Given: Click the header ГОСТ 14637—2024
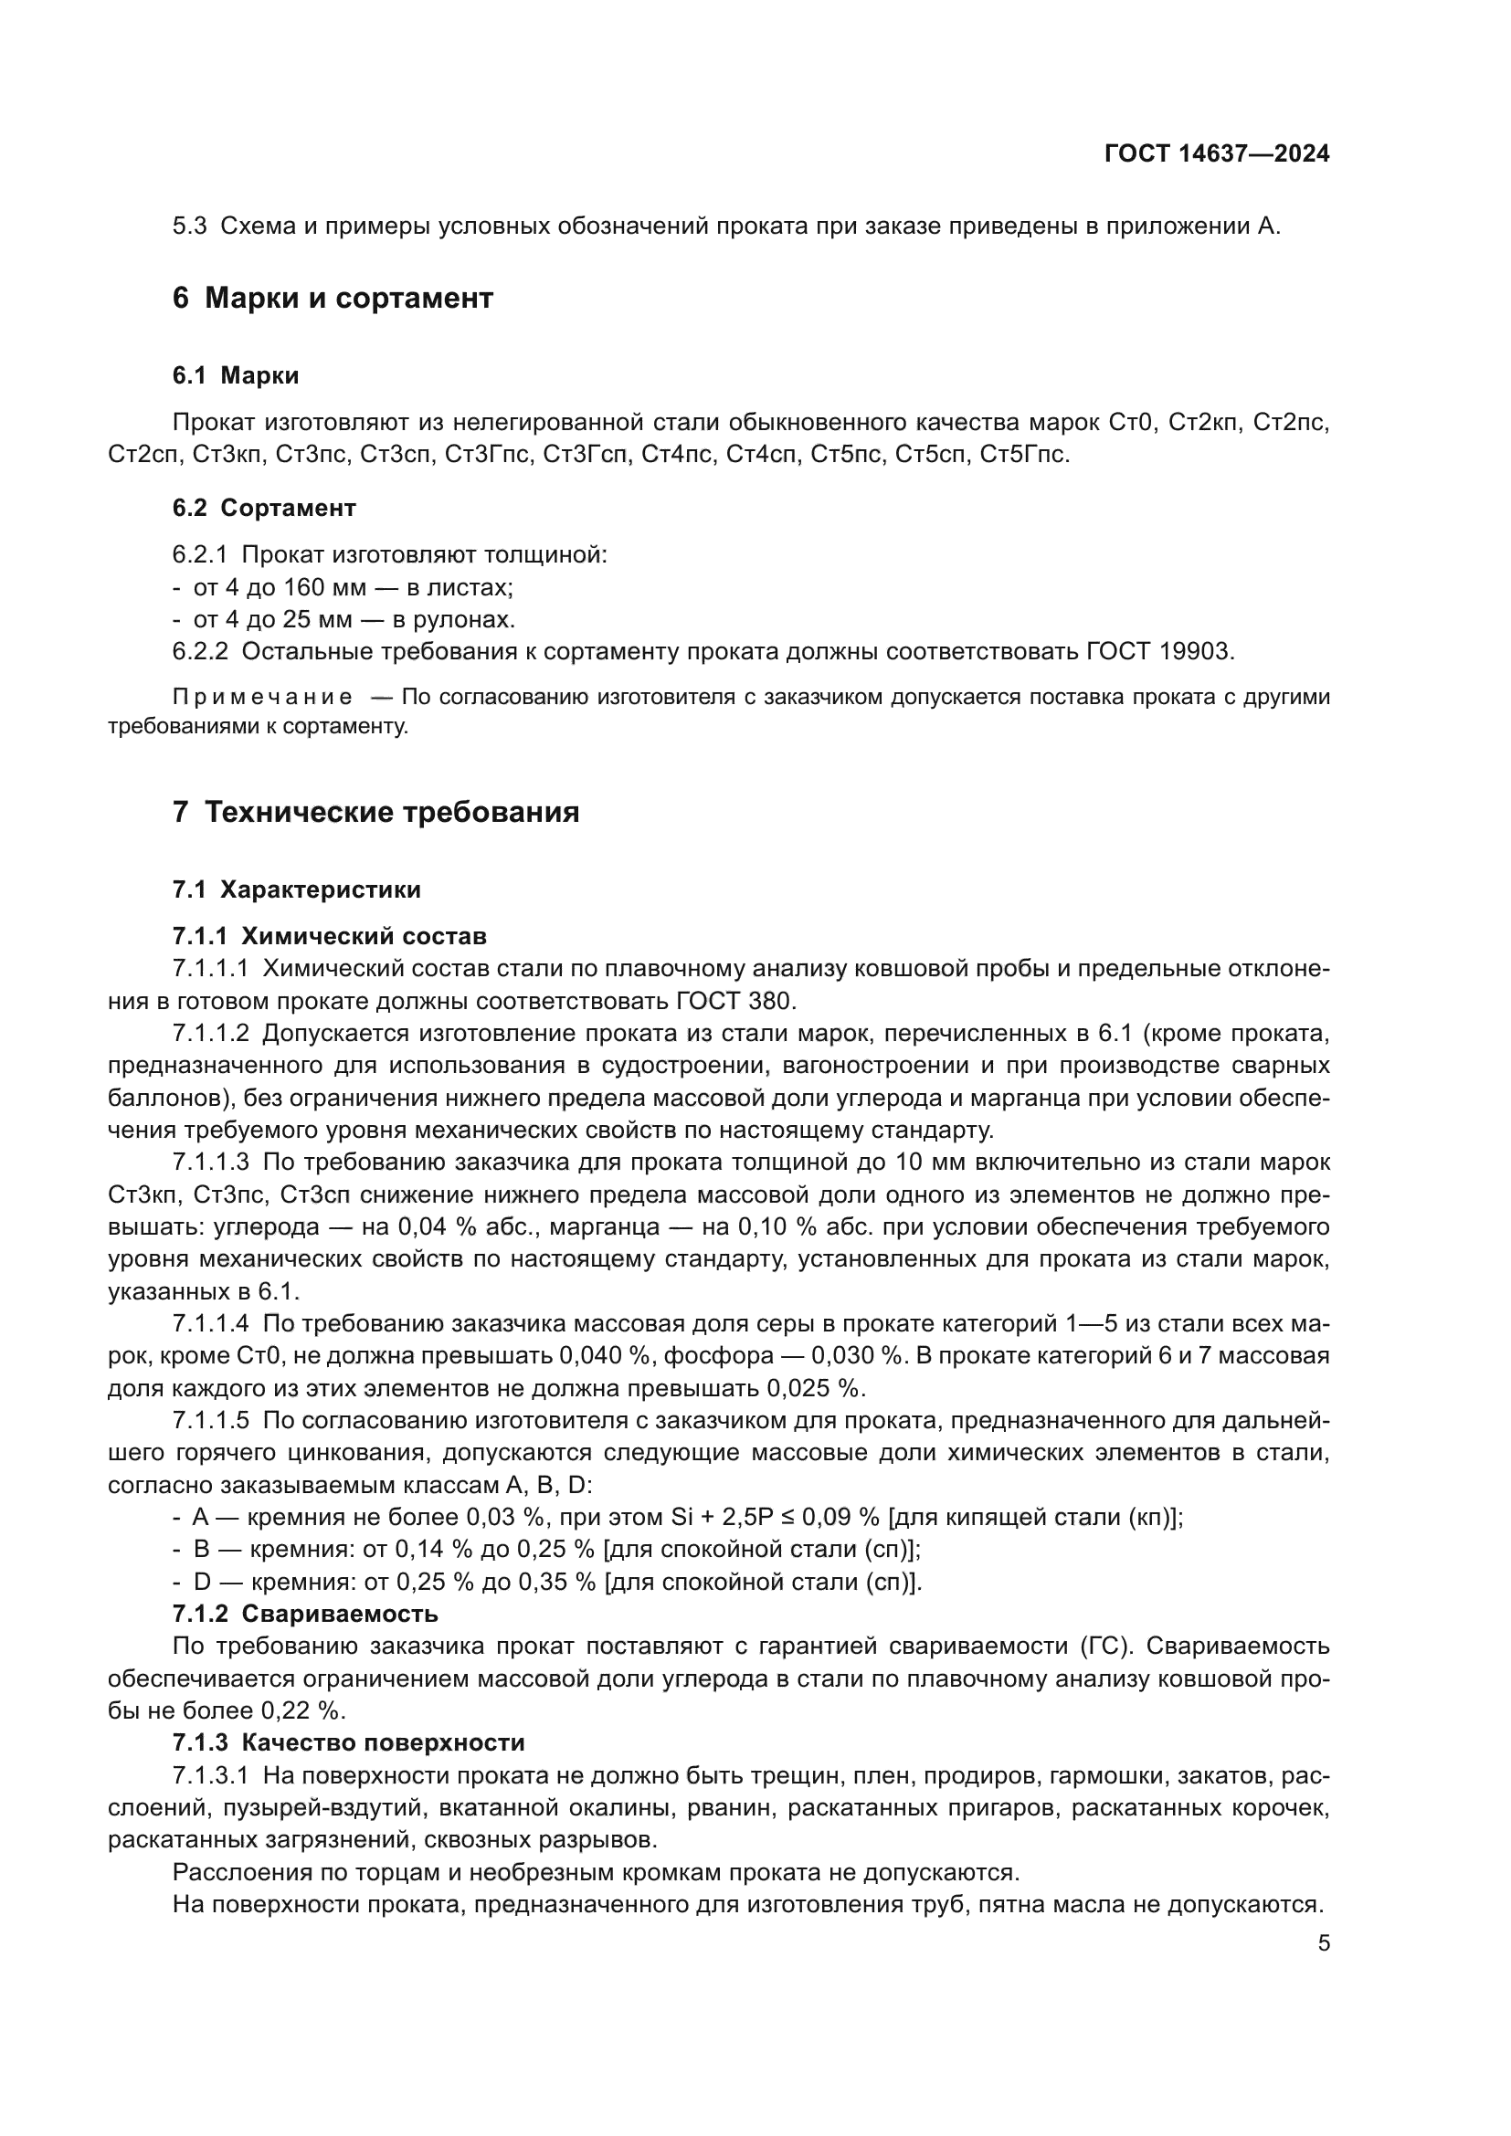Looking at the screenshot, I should [x=1216, y=153].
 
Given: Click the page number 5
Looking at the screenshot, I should [x=1323, y=1943].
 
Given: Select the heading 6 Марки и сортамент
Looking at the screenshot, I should [x=333, y=298].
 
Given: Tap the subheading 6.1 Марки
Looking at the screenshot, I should [x=236, y=376].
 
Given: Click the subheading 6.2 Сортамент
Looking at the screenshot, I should [x=263, y=508].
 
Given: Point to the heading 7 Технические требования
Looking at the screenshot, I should [x=375, y=812].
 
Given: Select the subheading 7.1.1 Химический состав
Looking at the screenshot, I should [x=330, y=936].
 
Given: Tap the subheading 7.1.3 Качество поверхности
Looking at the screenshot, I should [x=348, y=1742].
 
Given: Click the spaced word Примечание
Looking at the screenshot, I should [x=262, y=698].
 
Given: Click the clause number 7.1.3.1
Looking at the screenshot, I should [x=210, y=1775].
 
